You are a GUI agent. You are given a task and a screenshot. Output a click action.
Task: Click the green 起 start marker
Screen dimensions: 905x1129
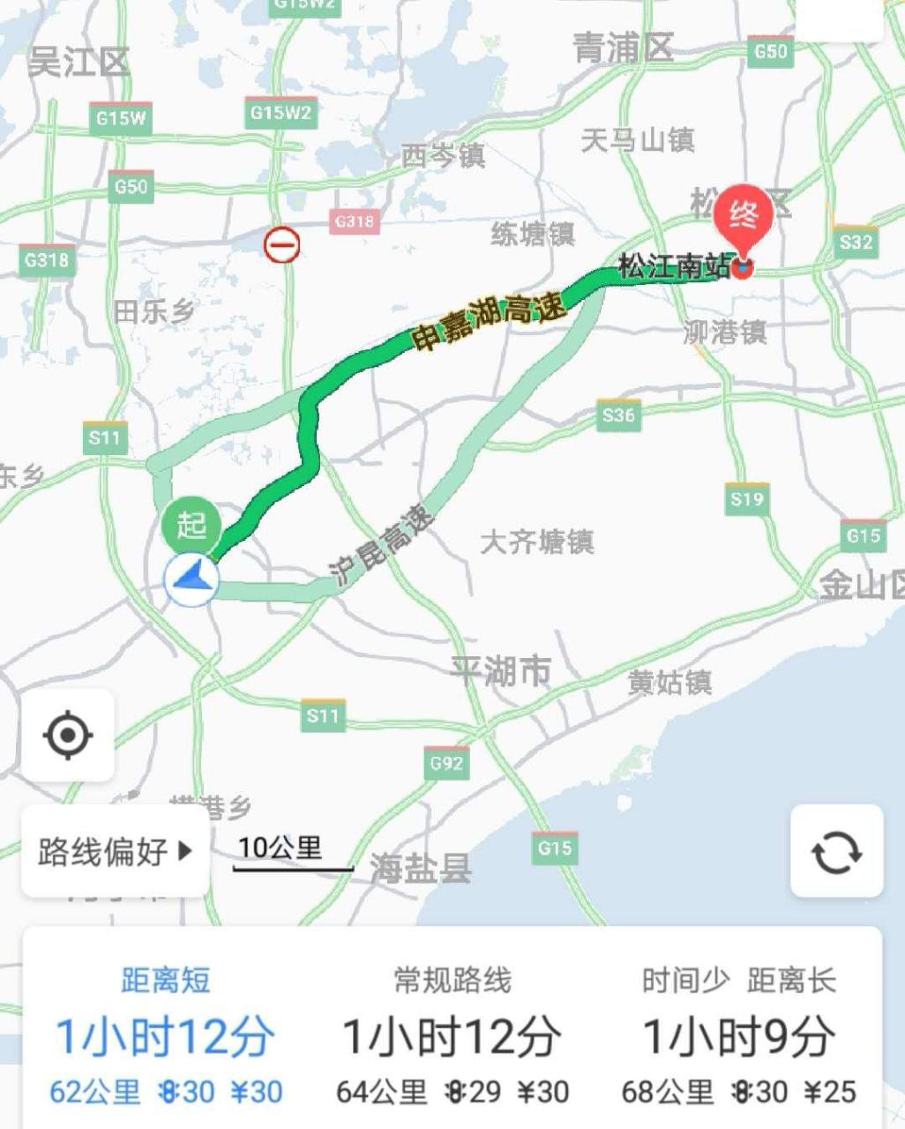point(191,526)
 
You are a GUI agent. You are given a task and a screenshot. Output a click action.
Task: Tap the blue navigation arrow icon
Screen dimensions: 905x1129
point(191,579)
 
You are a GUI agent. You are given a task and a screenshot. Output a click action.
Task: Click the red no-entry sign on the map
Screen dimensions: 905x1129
point(281,244)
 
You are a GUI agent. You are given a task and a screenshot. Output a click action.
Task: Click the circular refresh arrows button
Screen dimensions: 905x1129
point(836,851)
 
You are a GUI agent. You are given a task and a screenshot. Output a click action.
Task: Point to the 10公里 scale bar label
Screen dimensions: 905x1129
point(280,848)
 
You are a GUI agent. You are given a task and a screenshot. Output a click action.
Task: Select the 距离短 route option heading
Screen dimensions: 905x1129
point(166,980)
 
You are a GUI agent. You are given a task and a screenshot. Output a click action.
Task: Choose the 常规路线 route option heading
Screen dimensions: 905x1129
point(452,980)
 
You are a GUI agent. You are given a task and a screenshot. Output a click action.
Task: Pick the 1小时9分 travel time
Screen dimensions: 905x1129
point(738,1036)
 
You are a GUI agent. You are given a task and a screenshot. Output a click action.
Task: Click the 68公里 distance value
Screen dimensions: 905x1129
point(667,1092)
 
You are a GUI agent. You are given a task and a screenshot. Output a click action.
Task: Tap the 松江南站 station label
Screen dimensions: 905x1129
point(674,265)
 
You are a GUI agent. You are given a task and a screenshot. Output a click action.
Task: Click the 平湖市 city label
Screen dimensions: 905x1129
point(501,671)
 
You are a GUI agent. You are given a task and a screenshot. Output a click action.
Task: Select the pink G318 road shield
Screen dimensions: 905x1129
point(355,221)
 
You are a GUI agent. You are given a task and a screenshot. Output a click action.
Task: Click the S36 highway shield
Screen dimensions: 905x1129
point(618,414)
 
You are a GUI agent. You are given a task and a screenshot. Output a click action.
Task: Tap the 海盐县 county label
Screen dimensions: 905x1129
point(421,869)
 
